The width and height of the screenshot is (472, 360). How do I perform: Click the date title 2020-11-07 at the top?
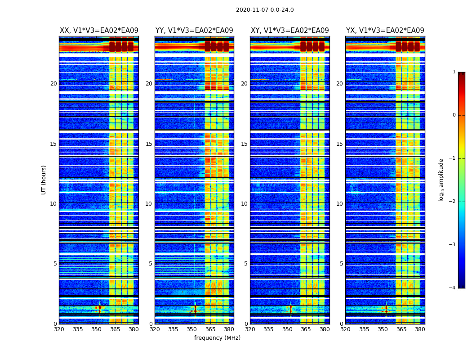(x=265, y=10)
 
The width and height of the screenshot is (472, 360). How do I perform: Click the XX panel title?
(x=99, y=31)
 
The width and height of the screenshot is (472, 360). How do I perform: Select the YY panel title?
(x=194, y=31)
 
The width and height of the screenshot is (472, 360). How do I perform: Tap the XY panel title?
(x=289, y=31)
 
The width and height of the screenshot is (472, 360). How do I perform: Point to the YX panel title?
(x=385, y=31)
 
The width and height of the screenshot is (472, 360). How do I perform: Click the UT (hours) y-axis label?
(x=44, y=180)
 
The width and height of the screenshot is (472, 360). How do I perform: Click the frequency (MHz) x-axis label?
(x=217, y=338)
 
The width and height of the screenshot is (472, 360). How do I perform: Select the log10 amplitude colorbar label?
(x=441, y=180)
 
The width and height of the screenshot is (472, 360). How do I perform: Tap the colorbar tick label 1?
(x=454, y=72)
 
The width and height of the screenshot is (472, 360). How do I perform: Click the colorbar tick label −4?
(x=453, y=288)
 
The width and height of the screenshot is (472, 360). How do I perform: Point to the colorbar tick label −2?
(x=453, y=202)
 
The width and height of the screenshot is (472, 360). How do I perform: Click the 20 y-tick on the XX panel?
(x=53, y=84)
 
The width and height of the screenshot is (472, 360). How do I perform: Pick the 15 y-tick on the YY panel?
(x=149, y=144)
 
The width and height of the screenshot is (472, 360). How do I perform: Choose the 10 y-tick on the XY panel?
(x=244, y=204)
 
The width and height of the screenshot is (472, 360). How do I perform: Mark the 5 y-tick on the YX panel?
(x=341, y=264)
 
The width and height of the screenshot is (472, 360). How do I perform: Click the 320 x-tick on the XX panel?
(x=59, y=329)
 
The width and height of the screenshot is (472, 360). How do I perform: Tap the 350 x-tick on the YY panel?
(x=192, y=329)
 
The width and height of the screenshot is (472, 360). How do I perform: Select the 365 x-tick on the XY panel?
(x=306, y=329)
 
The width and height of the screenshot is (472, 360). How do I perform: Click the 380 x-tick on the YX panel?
(x=420, y=329)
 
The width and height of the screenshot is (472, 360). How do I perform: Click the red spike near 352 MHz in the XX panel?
(x=100, y=310)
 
